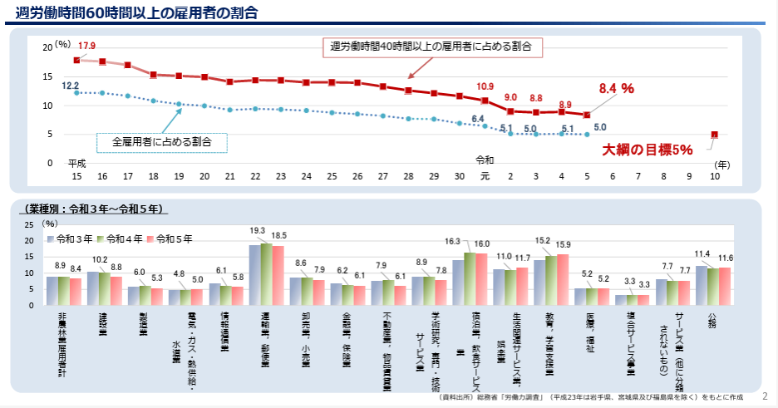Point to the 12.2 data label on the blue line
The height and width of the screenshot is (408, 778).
(71, 85)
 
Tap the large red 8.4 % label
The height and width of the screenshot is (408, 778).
(617, 89)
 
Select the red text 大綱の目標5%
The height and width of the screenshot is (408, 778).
(648, 150)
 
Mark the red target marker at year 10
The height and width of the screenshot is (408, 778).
(714, 135)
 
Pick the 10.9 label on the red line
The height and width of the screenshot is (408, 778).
(485, 86)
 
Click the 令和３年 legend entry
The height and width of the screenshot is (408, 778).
(75, 238)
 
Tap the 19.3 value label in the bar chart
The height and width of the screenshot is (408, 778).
(258, 231)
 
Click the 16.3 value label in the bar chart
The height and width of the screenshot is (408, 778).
(452, 241)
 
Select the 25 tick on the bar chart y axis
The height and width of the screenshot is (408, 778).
(30, 225)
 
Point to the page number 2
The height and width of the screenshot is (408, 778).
(764, 396)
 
